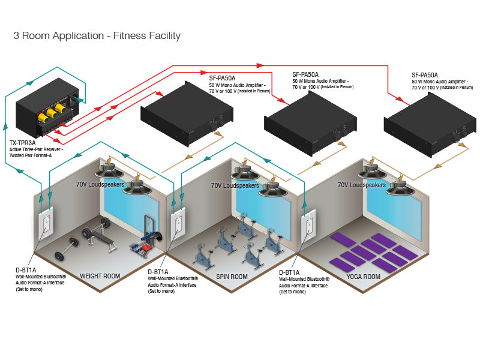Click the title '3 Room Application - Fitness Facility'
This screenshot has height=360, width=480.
click(97, 36)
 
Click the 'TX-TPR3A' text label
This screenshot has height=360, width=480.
click(22, 143)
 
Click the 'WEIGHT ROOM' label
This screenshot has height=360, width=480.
click(100, 277)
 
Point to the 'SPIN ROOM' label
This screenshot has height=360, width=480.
click(232, 277)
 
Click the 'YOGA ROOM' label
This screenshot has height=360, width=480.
click(364, 277)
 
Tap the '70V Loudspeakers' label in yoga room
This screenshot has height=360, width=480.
click(361, 185)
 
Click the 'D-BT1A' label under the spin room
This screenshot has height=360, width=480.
click(158, 272)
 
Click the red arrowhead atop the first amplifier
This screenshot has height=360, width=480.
click(160, 94)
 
